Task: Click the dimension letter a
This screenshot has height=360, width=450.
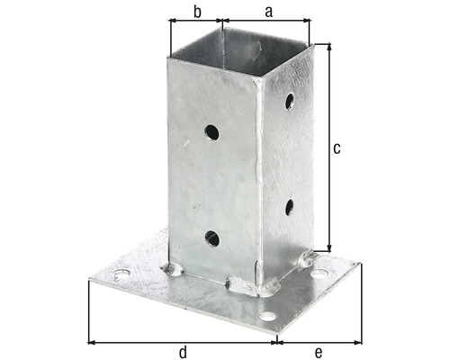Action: coord(269,12)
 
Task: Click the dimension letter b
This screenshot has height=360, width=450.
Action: coord(197,12)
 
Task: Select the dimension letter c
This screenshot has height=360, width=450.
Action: coord(337,148)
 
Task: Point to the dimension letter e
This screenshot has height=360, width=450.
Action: coord(319,352)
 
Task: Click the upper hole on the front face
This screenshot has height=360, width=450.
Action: coord(211,132)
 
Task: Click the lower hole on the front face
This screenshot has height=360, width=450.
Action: coord(212,238)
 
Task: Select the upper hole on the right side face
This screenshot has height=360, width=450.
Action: coord(290,101)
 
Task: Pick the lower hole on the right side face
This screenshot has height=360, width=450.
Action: coord(290,207)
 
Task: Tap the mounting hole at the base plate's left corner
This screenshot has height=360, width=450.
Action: coord(121,274)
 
